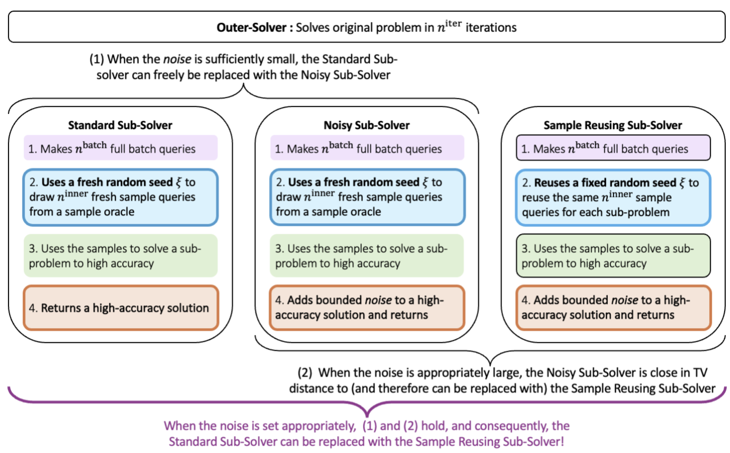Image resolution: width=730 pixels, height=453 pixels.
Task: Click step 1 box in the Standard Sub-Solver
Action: coord(120,149)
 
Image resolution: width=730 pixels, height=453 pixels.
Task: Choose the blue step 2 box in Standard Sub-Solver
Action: coord(120,197)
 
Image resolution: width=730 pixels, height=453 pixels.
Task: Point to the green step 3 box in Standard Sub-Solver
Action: coord(120,256)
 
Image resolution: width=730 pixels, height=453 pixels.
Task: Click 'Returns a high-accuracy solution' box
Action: coord(120,307)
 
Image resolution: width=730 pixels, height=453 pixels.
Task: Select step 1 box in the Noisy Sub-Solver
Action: coord(367,149)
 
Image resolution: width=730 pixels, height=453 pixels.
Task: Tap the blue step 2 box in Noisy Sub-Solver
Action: coord(367,197)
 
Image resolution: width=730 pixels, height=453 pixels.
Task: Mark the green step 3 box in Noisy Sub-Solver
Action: coord(367,256)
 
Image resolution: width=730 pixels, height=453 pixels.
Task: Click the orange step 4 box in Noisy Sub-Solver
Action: coord(367,307)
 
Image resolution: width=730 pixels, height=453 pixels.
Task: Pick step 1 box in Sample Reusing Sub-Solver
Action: coord(613,149)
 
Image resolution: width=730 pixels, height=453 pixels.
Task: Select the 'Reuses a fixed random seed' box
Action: coord(613,197)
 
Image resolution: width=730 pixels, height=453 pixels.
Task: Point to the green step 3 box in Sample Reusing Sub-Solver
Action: coord(613,256)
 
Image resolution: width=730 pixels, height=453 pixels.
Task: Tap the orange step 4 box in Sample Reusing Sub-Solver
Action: coord(613,307)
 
